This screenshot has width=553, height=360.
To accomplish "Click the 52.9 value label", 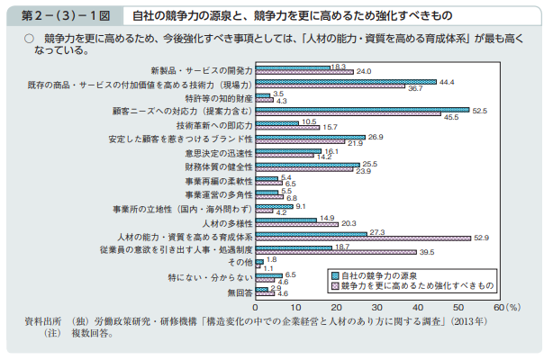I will click(482, 238).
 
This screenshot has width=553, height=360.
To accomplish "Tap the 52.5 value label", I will click(480, 110).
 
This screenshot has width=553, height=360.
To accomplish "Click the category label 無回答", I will click(239, 292).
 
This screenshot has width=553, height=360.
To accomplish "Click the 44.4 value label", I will click(448, 82).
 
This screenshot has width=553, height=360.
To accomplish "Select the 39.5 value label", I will click(427, 252).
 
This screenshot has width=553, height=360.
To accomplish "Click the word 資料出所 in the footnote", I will click(45, 320).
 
